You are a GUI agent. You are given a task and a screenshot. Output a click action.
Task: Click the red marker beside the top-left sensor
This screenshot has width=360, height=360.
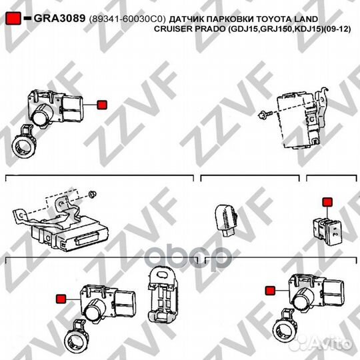click(101, 104)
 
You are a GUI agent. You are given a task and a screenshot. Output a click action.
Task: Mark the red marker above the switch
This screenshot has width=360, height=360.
click(326, 201)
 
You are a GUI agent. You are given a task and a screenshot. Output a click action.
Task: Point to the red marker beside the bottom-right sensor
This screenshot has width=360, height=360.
click(270, 290)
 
